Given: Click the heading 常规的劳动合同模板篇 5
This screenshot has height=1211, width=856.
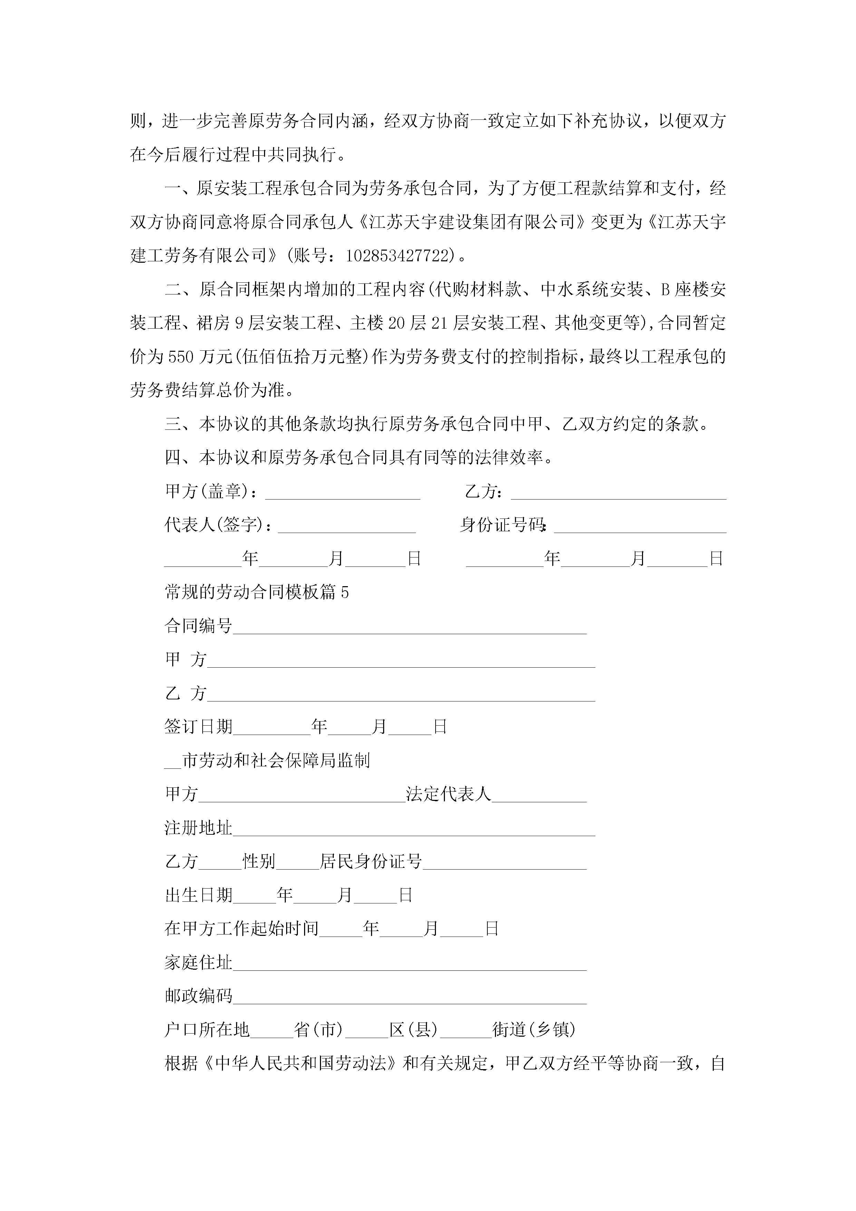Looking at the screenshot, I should point(257,592).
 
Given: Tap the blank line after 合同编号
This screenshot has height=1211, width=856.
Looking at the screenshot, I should point(410,628).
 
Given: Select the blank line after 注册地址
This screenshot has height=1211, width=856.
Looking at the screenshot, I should point(414,830).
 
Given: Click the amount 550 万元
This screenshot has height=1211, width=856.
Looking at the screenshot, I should point(201,357).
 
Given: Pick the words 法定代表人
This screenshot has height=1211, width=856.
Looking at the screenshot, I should point(448,794).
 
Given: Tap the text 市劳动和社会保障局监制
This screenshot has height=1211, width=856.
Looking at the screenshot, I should point(275,760).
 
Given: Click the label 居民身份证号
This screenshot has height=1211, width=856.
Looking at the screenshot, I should point(371,862).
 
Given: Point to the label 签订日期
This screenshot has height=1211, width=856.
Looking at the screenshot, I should point(198,727).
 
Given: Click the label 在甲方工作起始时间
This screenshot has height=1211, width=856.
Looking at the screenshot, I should point(242,929).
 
